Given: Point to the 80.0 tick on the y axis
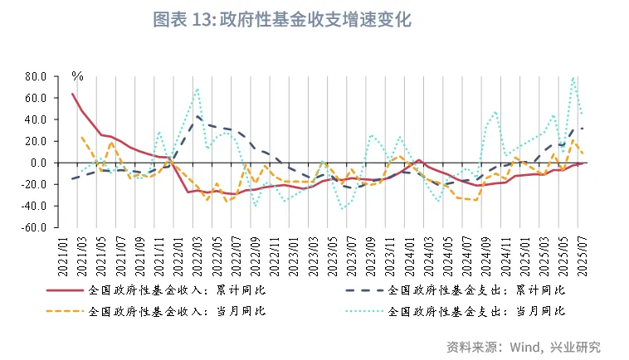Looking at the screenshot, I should (x=36, y=76).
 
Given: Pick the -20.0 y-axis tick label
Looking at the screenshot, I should (x=34, y=184).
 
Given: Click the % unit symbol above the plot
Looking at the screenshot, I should (x=77, y=75).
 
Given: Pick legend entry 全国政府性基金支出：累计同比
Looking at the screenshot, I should (x=475, y=290).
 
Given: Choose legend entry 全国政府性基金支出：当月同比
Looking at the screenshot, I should (x=475, y=311).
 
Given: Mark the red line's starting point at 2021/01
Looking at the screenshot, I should (x=72, y=93).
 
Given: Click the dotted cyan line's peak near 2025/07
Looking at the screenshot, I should (x=573, y=78).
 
